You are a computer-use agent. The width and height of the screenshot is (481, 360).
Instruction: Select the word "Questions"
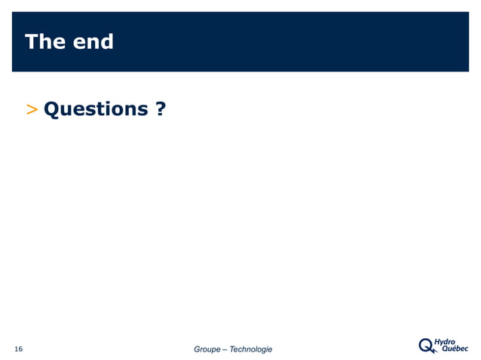click(96, 110)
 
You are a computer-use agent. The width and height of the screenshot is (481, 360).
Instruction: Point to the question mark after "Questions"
click(161, 109)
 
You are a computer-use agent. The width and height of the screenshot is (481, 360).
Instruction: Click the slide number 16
click(18, 349)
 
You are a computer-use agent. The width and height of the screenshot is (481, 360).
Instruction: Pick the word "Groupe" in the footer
click(207, 349)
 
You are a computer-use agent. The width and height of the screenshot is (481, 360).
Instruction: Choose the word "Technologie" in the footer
click(251, 349)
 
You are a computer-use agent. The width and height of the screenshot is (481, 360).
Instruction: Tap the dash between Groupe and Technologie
click(225, 349)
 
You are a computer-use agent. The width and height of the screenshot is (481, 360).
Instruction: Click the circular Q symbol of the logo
click(427, 345)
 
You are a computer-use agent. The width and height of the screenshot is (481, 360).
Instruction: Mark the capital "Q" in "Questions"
click(53, 109)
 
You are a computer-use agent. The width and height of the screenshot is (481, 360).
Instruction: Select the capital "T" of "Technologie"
click(232, 349)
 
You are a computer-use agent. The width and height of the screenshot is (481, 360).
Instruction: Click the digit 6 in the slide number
click(20, 349)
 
